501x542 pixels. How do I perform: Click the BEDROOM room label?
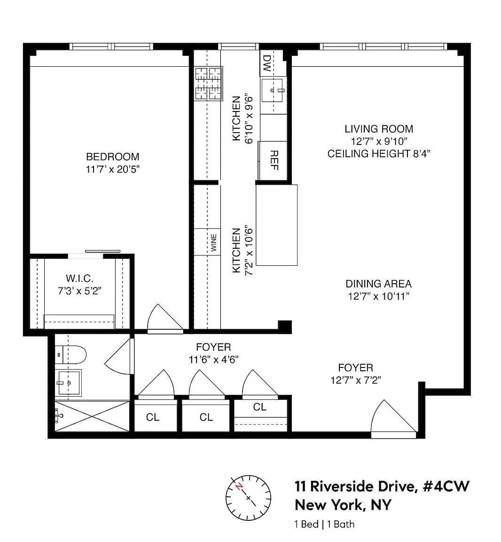[x=113, y=157]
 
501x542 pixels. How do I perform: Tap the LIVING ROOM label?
[x=379, y=129]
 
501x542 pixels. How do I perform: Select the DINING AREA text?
[x=379, y=284]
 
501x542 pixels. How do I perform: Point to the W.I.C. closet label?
[x=79, y=278]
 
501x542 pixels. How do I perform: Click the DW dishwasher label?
[x=267, y=63]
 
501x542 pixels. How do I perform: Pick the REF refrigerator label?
[x=274, y=160]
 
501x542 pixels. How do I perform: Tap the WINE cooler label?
[x=214, y=243]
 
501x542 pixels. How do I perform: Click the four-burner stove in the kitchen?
[x=209, y=84]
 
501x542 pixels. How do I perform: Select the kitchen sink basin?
[x=272, y=90]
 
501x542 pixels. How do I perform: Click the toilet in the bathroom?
[x=70, y=355]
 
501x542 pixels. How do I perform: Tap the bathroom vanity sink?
[x=68, y=383]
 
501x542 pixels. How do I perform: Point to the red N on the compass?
[x=239, y=486]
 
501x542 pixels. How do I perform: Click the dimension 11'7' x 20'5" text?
[x=113, y=169]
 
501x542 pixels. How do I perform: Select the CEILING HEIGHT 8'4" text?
[x=379, y=153]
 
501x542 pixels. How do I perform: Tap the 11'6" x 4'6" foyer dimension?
[x=213, y=360]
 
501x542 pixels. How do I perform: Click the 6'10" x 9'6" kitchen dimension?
[x=249, y=118]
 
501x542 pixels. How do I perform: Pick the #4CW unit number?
[x=446, y=486]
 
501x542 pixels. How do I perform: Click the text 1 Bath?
[x=341, y=525]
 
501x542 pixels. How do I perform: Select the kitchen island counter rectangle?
[x=276, y=225]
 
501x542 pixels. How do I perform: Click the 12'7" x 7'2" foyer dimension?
[x=356, y=380]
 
